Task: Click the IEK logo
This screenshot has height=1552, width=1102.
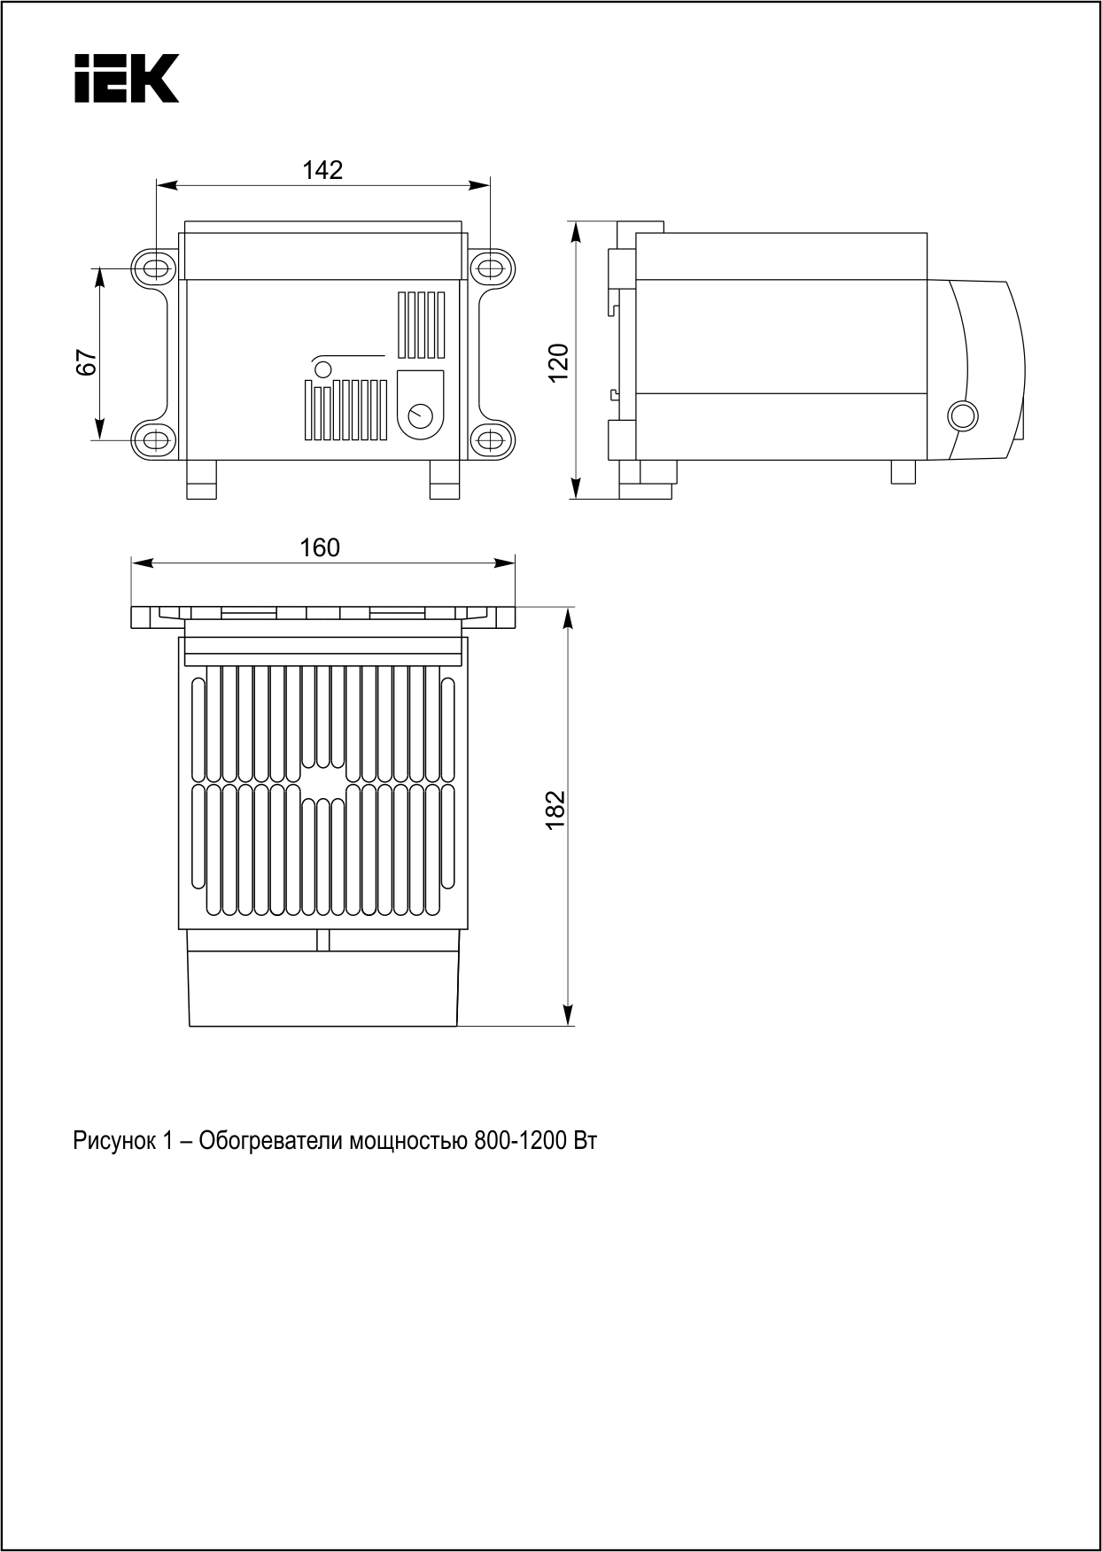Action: (x=127, y=78)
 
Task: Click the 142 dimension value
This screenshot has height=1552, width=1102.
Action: (x=322, y=170)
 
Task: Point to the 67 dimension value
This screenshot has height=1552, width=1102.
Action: (x=86, y=362)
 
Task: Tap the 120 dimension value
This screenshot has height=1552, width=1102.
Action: (x=558, y=362)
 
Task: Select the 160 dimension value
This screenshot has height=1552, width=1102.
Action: (x=320, y=548)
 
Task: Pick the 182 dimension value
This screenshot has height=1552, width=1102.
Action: (x=555, y=809)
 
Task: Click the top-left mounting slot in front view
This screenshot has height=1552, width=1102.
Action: (x=153, y=267)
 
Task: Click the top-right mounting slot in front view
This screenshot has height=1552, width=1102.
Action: (x=491, y=267)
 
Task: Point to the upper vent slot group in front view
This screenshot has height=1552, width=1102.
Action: (x=421, y=323)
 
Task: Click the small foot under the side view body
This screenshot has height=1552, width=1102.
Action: (x=904, y=472)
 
